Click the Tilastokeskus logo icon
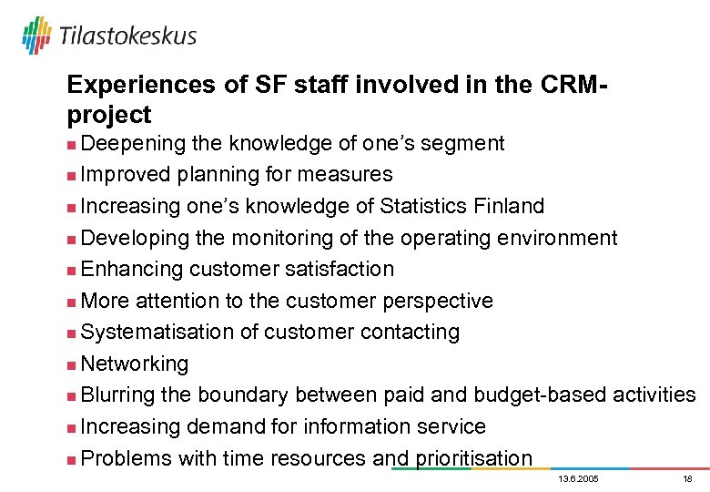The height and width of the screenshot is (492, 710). coord(36,36)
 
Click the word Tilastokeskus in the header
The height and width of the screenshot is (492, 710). coord(127,36)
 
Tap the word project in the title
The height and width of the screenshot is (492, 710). coord(109,116)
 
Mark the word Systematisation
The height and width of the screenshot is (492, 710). coord(157,332)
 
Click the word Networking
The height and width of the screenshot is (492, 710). coord(135,364)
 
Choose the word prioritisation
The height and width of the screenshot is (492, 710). coord(473,458)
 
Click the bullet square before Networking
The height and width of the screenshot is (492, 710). coord(72,364)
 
